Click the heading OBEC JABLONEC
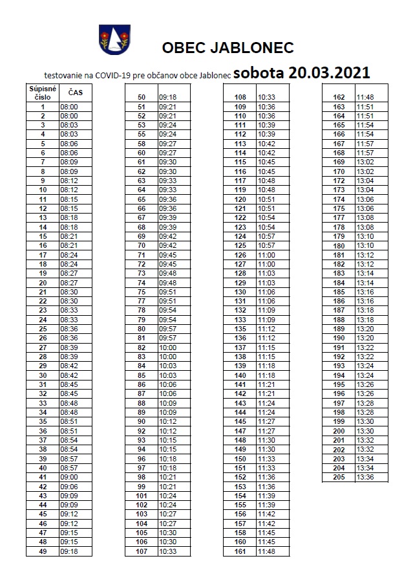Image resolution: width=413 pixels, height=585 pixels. tap(228, 48)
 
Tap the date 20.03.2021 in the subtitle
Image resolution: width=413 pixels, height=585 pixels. tap(329, 72)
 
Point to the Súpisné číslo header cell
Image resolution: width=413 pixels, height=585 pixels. tap(43, 93)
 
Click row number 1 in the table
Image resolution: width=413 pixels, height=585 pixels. tap(43, 107)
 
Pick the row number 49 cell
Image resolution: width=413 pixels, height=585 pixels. tap(43, 551)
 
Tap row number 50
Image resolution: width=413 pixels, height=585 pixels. tap(142, 97)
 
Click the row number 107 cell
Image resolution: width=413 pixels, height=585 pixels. tap(142, 551)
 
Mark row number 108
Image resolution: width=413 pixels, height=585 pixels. tap(240, 97)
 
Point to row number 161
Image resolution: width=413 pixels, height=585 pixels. tap(240, 551)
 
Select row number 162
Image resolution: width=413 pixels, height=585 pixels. tap(339, 97)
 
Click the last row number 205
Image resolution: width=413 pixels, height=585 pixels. tap(339, 478)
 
